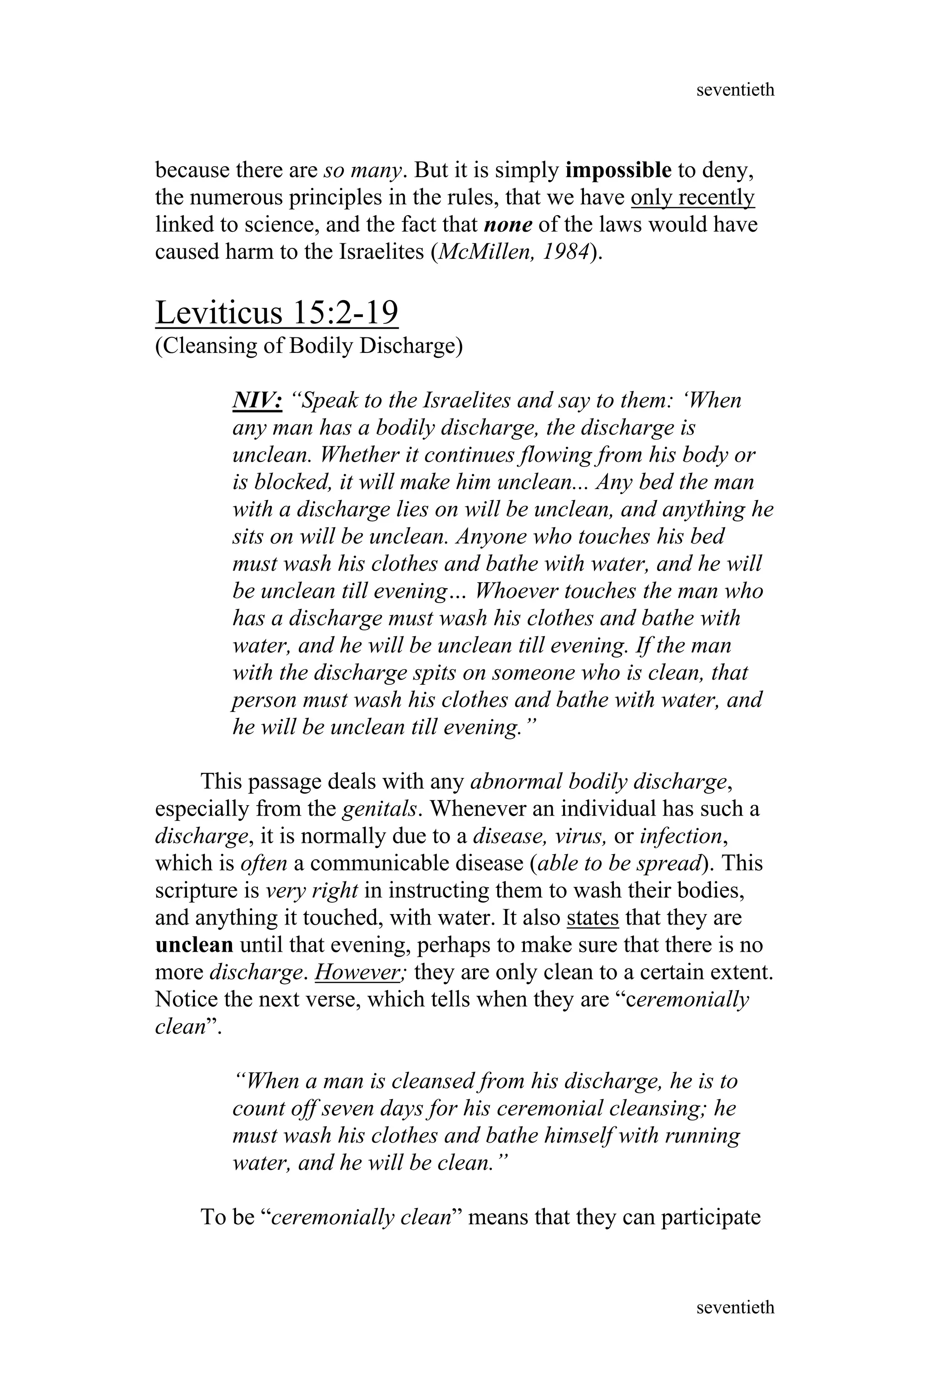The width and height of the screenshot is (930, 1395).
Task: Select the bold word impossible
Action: click(618, 171)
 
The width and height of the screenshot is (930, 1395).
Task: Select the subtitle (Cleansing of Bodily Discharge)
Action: click(308, 346)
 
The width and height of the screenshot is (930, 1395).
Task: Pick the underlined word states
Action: click(593, 918)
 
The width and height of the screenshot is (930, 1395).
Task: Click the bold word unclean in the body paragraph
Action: click(194, 945)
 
